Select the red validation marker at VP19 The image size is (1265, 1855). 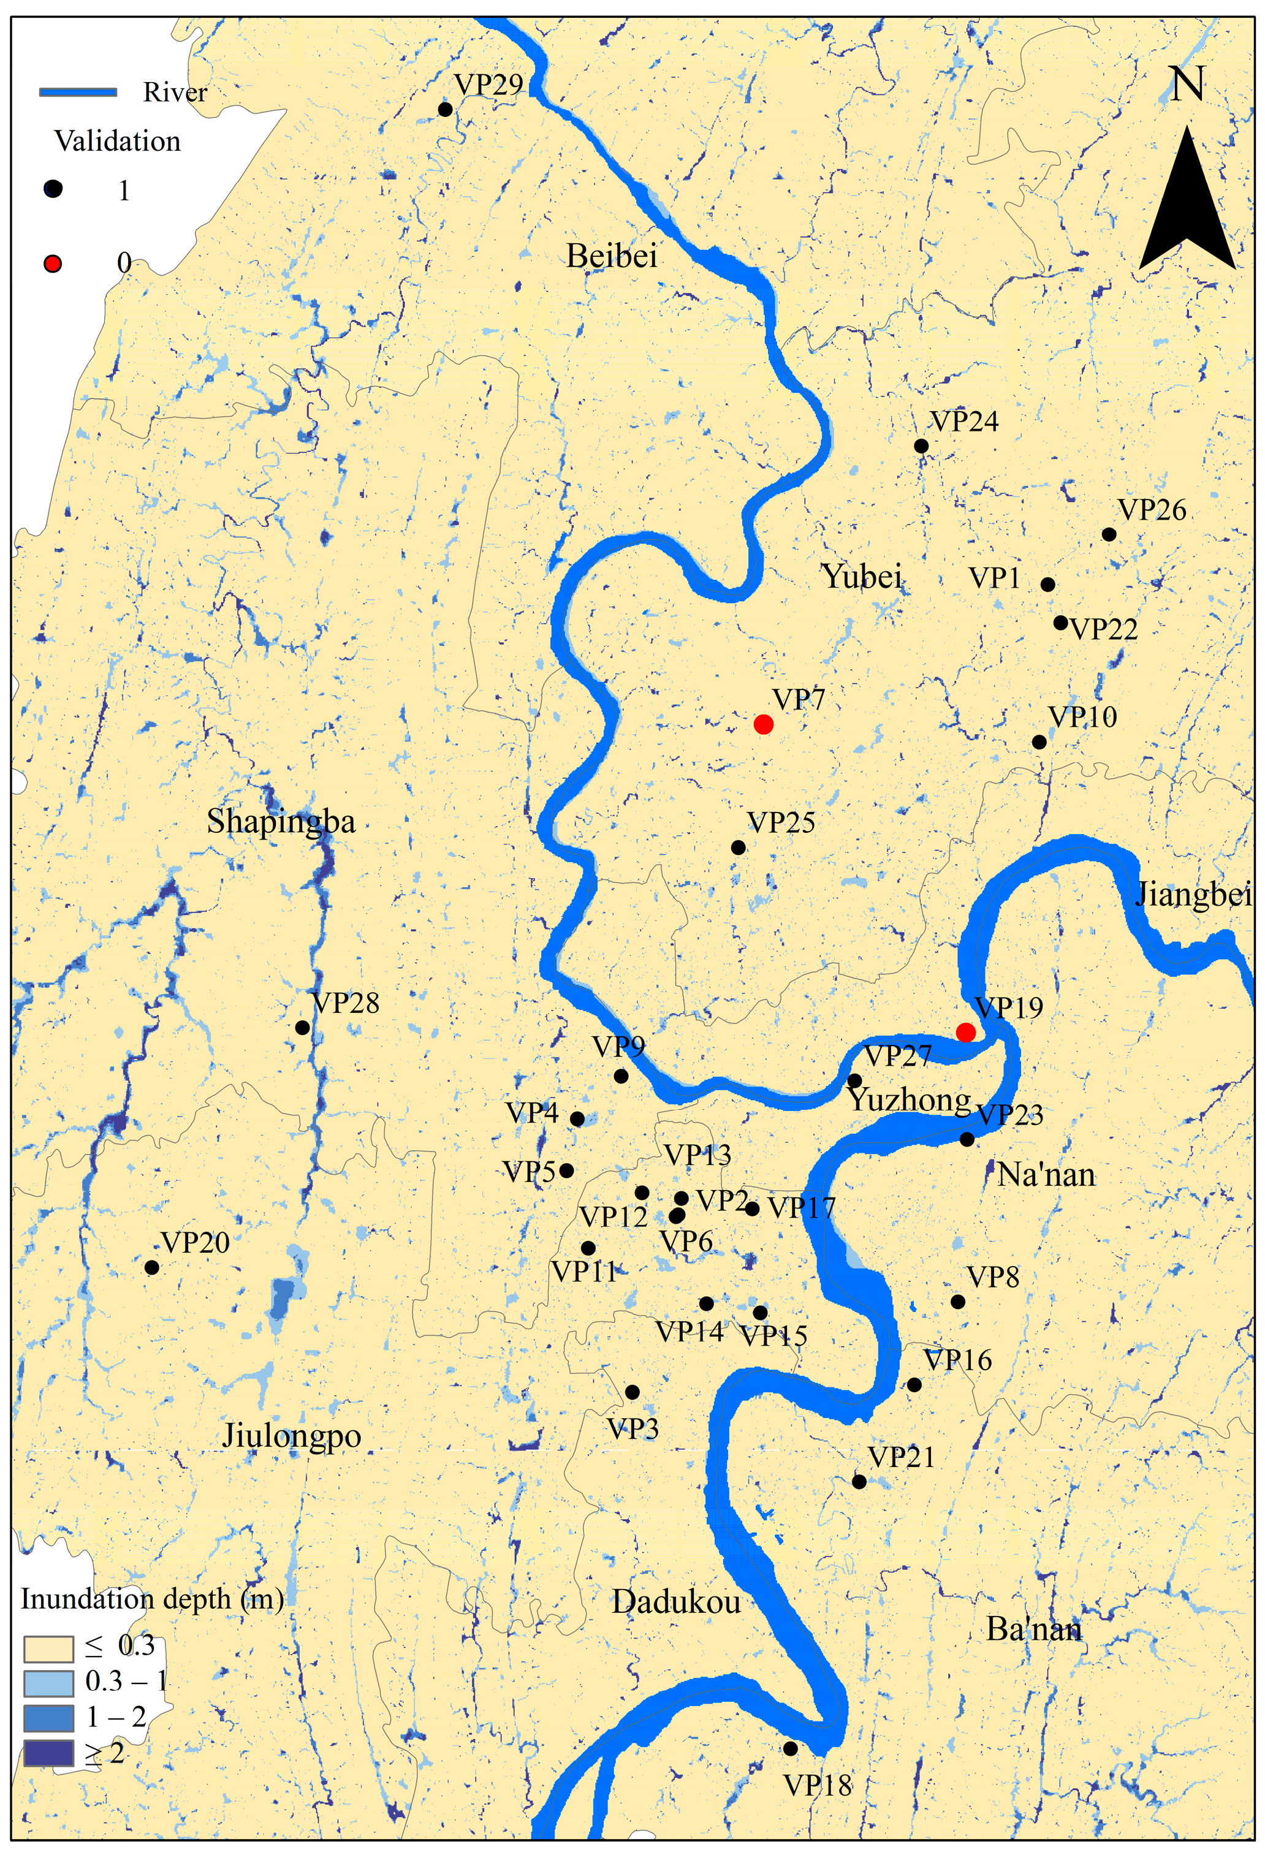click(x=966, y=1032)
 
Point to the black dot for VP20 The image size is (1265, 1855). click(x=151, y=1267)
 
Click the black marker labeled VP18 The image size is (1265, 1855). click(x=790, y=1748)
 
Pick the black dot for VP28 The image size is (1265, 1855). click(x=303, y=1027)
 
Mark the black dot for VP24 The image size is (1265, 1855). click(x=921, y=446)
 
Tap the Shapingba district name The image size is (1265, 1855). click(x=281, y=821)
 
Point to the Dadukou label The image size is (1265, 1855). click(x=676, y=1601)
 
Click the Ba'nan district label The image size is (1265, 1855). click(x=1035, y=1628)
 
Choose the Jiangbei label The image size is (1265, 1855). click(x=1193, y=895)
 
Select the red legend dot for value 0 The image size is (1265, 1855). click(x=53, y=264)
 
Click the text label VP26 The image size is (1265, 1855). click(x=1152, y=510)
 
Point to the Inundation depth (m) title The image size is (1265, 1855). click(x=151, y=1599)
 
